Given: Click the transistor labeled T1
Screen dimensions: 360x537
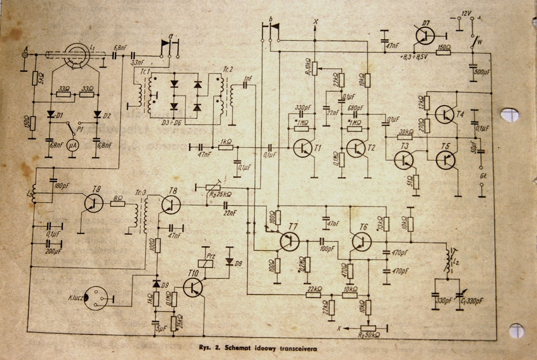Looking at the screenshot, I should [303, 148].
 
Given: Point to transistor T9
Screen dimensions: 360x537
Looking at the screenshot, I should [93, 203].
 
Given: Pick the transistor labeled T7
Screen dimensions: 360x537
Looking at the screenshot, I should [289, 241].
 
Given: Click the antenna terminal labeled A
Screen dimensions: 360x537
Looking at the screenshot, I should [24, 53].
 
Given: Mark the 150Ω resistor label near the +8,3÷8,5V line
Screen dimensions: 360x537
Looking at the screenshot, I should [444, 47].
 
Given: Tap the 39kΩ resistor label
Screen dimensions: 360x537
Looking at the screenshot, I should [405, 132].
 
